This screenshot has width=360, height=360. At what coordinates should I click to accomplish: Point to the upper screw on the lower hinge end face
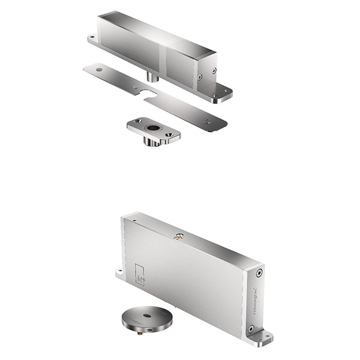point(259,274)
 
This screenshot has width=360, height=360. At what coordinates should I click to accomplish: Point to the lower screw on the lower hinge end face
point(251,328)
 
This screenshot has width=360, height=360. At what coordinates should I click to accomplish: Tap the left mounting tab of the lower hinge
point(121,274)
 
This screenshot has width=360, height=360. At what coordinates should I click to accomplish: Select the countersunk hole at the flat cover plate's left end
point(98,70)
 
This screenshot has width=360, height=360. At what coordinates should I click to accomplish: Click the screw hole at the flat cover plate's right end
point(208,122)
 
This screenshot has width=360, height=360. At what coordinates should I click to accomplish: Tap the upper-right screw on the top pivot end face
point(214,70)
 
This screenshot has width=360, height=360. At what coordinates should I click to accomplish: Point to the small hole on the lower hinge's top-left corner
point(134,221)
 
